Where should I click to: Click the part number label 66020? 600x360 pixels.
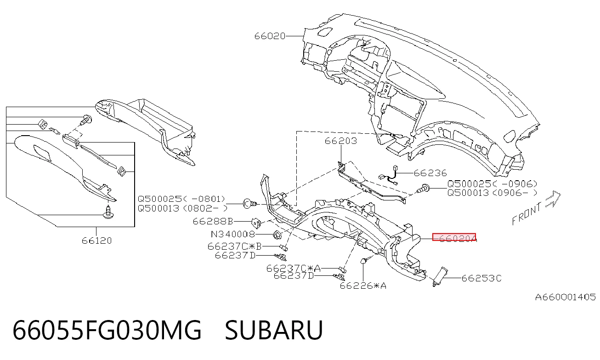270,36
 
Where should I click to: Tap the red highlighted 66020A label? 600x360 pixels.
454,237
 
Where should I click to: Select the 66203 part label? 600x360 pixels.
341,141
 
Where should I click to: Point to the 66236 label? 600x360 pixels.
430,173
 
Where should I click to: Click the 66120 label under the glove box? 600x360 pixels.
96,240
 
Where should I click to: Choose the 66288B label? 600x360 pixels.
213,222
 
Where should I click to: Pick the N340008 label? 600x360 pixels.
233,234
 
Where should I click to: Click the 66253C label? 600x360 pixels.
481,278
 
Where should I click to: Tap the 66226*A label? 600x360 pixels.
363,286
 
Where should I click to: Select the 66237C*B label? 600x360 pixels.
234,246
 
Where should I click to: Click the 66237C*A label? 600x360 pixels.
293,268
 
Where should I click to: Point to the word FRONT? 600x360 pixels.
526,214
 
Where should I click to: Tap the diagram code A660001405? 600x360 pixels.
565,297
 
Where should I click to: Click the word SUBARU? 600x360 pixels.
274,330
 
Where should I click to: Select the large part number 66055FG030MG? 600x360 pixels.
107,330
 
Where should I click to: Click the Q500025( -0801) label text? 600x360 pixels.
181,199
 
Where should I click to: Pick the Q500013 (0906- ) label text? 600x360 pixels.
492,193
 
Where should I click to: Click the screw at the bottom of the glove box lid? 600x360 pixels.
108,212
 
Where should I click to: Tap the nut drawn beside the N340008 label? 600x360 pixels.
277,235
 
